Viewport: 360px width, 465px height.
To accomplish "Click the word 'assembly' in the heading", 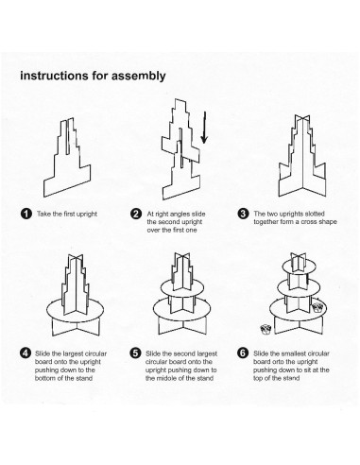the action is point(139,77).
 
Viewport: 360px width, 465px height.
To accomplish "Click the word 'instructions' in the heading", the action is point(54,76).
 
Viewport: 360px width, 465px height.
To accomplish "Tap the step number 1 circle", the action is point(26,214).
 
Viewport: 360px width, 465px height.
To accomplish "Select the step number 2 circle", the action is point(136,214).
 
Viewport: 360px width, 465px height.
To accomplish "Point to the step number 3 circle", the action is point(243,214).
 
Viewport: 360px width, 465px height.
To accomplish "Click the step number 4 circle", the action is point(26,353).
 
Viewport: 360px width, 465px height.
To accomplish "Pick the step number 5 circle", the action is point(135,353).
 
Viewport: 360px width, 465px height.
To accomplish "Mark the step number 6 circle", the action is point(243,353).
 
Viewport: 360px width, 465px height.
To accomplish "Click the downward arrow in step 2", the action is point(204,128).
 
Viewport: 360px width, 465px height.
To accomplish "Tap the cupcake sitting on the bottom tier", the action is point(317,307).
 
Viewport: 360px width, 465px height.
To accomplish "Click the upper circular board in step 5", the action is point(182,287).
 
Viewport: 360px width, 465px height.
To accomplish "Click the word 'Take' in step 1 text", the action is point(43,214).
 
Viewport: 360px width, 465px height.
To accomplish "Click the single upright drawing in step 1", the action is point(67,158).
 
